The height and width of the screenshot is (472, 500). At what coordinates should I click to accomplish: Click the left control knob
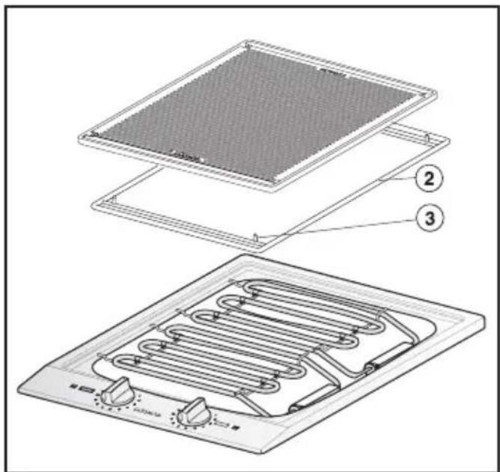point(118,390)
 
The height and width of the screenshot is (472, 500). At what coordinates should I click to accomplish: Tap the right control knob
point(195,410)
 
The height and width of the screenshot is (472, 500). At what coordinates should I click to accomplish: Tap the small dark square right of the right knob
point(235,429)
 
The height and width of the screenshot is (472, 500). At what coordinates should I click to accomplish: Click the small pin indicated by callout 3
point(256,238)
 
